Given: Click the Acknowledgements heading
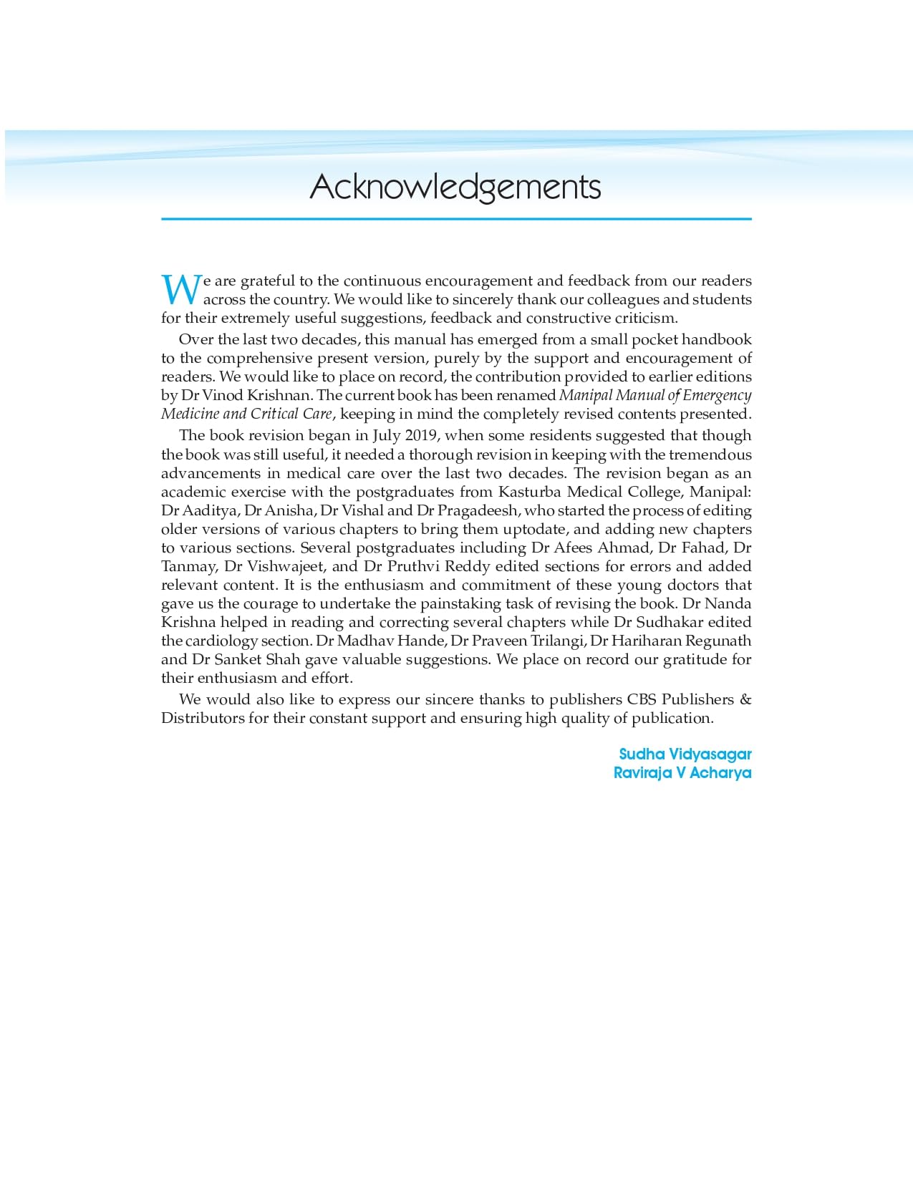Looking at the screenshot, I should [x=455, y=188].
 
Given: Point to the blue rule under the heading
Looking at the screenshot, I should [x=456, y=219].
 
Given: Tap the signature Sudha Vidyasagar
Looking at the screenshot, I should [x=685, y=754].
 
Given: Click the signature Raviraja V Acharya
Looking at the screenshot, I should [x=682, y=773].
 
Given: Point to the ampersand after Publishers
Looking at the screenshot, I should [x=745, y=700].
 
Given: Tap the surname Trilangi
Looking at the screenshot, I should [x=557, y=641].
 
